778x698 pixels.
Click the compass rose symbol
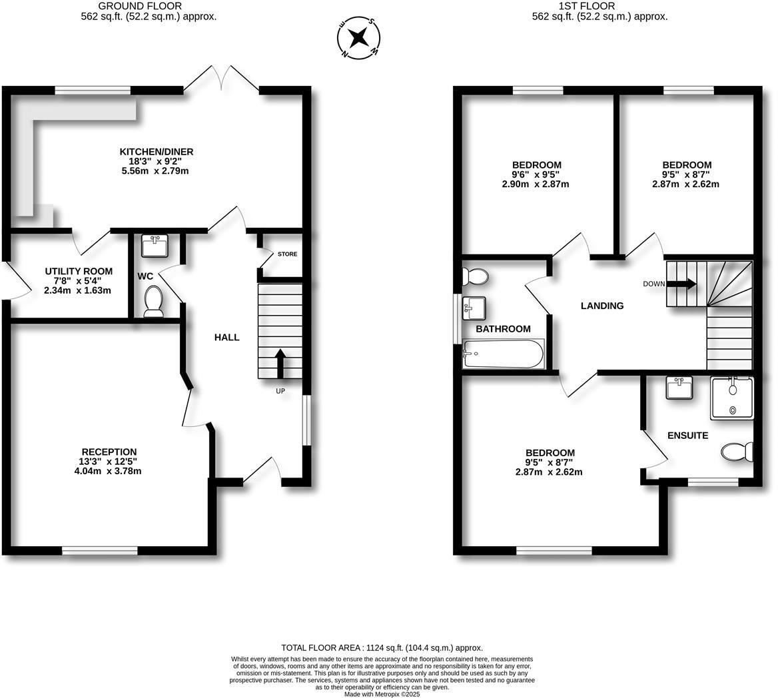tap(358, 37)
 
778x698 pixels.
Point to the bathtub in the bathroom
tap(503, 354)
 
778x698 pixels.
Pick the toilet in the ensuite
tap(736, 452)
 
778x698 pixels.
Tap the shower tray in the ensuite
tap(731, 398)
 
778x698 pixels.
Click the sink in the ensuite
tap(679, 388)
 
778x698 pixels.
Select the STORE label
tap(288, 254)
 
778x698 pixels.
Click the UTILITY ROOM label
tap(79, 272)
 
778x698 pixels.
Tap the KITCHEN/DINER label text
tap(157, 152)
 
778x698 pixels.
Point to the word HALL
tap(226, 338)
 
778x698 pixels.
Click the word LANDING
tap(602, 306)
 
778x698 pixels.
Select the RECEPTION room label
tap(109, 452)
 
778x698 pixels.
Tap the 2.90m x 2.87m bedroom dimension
tap(536, 184)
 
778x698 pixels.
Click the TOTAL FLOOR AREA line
tap(382, 647)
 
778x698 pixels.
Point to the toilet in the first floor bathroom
tap(476, 276)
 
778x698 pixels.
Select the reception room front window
tap(100, 551)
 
